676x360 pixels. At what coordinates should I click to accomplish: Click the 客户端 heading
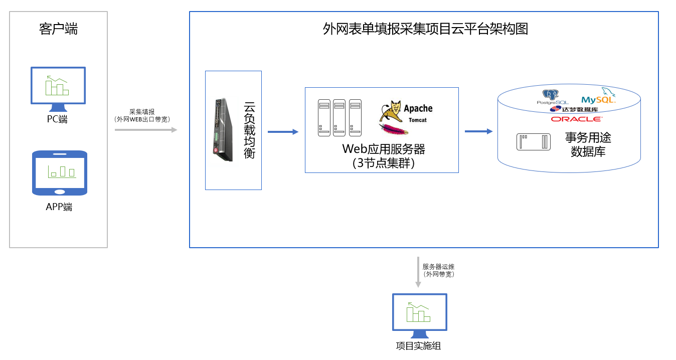(58, 29)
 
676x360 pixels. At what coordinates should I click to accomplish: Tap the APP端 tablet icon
(60, 173)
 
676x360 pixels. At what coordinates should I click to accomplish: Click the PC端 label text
(57, 119)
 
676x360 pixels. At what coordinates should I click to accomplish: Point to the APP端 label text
(59, 207)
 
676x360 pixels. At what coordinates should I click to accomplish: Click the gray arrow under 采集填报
(146, 130)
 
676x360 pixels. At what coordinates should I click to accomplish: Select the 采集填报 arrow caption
(142, 115)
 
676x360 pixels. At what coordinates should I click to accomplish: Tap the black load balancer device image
(221, 129)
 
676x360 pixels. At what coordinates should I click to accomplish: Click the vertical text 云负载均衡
(249, 130)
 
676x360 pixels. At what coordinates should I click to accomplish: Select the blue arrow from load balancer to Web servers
(283, 132)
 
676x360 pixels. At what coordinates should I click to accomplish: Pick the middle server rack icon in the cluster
(340, 118)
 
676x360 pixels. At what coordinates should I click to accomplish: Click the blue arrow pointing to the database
(478, 131)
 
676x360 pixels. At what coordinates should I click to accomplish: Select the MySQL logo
(598, 97)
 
